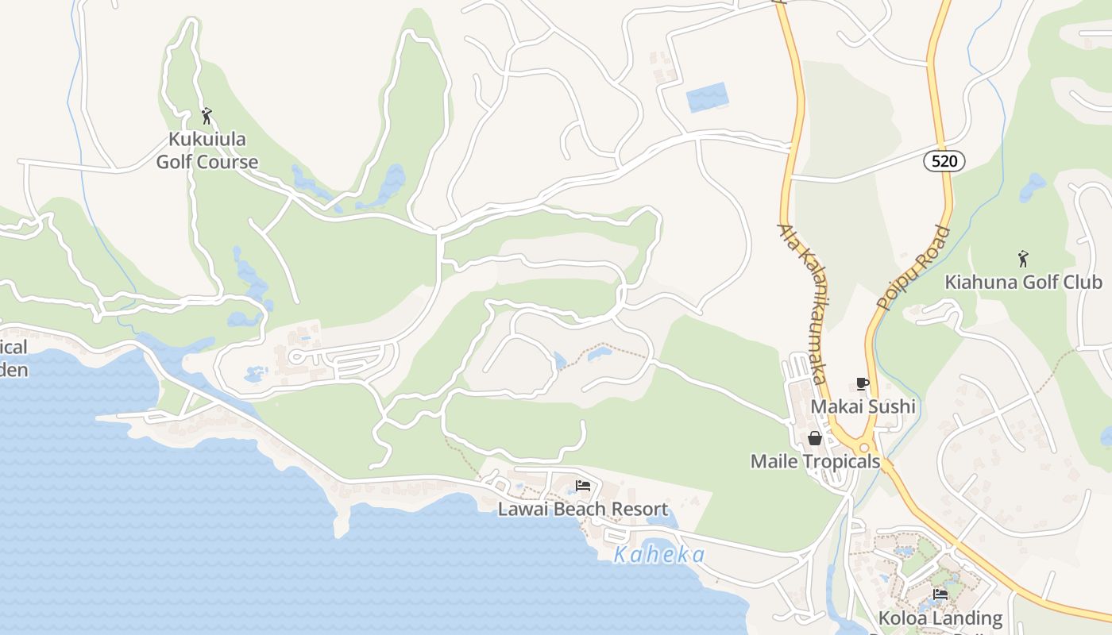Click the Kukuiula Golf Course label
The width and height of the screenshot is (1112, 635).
pos(207,151)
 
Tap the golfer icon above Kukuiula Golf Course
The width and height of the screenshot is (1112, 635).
pos(207,116)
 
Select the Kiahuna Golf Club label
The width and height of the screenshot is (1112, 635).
pos(1023,282)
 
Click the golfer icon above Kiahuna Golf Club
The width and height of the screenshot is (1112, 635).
pos(1023,258)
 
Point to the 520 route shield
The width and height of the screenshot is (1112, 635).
pos(944,161)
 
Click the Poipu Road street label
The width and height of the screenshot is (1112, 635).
pos(913,268)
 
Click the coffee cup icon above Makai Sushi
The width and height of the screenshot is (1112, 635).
pos(863,384)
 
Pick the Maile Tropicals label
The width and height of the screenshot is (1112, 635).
pos(815,461)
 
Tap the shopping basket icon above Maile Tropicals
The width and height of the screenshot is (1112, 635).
pos(815,438)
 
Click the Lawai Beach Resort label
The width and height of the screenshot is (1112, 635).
pos(583,509)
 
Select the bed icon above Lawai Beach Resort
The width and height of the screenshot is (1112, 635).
pos(583,486)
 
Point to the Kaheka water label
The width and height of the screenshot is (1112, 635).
pos(659,555)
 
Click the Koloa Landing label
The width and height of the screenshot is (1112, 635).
pos(940,618)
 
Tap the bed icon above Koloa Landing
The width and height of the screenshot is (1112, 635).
pos(940,594)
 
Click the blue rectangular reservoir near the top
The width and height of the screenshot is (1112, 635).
pos(706,97)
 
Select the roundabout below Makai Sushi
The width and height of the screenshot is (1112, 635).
pos(864,448)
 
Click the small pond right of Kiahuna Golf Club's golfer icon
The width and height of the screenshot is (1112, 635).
pos(1033,187)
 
